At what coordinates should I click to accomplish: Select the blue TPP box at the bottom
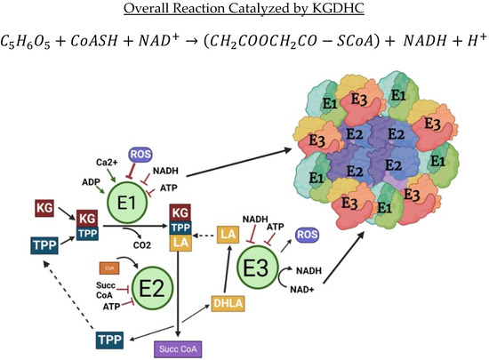111,339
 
